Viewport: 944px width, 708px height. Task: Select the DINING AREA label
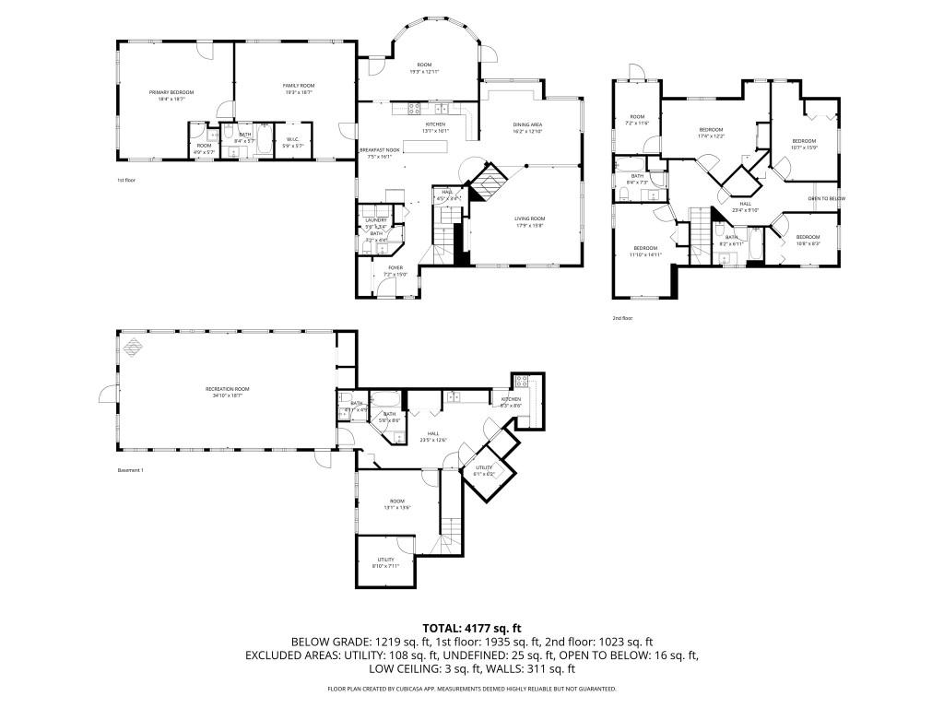click(527, 124)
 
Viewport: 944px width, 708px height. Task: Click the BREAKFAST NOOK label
click(379, 150)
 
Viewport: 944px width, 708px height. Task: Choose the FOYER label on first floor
click(395, 267)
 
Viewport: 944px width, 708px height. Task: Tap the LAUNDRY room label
click(375, 220)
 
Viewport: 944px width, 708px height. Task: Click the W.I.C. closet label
click(291, 140)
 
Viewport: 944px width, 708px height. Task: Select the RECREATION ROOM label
click(228, 389)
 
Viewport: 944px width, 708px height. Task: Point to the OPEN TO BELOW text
click(827, 198)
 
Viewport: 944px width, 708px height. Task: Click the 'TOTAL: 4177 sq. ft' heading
click(471, 627)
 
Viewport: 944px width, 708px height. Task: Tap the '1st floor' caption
click(126, 180)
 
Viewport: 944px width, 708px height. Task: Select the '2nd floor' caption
click(623, 318)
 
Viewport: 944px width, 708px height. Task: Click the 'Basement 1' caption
click(131, 470)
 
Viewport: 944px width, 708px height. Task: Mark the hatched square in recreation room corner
click(135, 347)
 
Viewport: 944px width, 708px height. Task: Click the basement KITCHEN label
click(511, 400)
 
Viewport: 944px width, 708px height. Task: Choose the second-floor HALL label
click(745, 206)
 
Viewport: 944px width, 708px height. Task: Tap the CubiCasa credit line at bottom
click(471, 689)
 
